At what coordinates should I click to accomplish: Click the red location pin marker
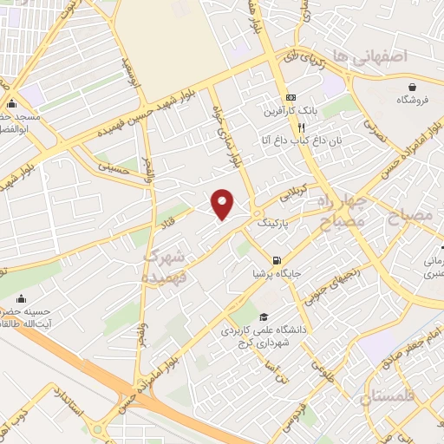click(x=224, y=203)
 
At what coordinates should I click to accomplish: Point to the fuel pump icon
click(x=276, y=259)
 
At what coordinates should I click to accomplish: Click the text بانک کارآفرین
click(x=291, y=113)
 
